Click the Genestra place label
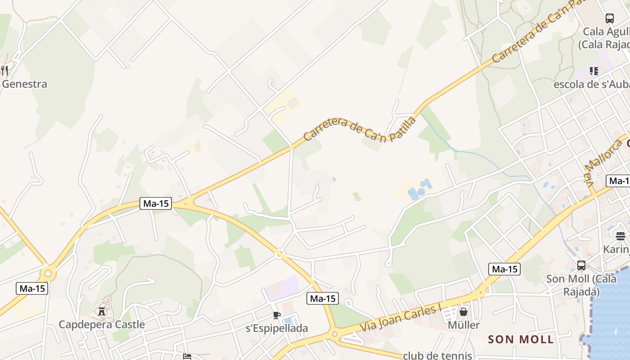24,84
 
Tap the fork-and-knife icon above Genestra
4,70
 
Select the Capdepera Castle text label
102,324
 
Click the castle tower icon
102,311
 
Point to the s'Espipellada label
277,328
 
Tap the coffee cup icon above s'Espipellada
277,315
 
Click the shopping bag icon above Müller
463,311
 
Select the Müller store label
463,324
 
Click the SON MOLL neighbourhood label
521,339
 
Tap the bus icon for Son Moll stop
581,265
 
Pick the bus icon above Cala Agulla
610,18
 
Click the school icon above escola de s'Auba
594,71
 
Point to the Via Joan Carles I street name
400,318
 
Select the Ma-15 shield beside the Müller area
504,269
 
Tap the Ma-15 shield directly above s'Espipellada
323,298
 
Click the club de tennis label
437,355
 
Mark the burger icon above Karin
621,236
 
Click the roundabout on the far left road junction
48,273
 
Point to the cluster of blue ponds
419,189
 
